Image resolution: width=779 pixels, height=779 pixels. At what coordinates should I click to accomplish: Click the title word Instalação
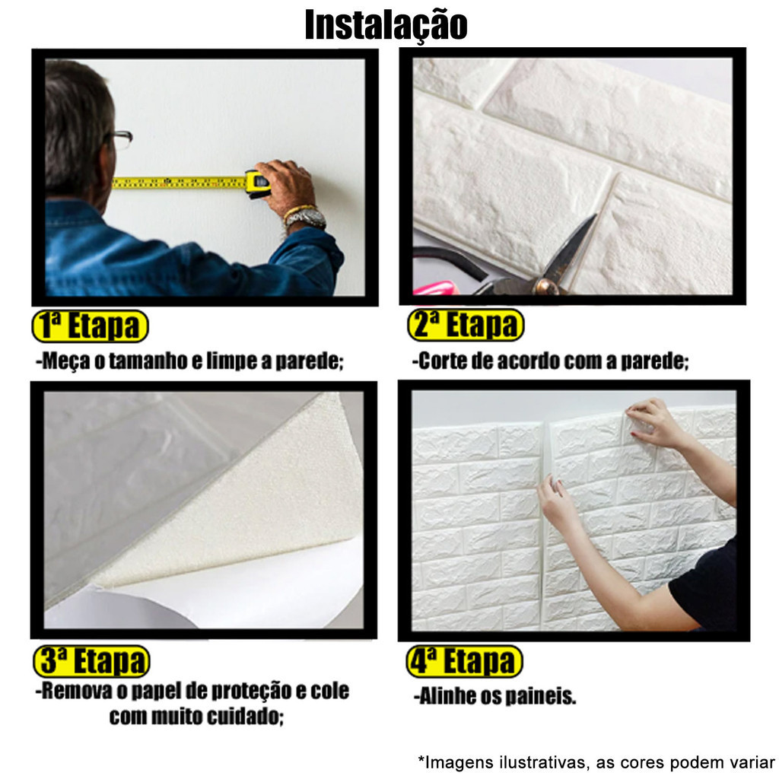coord(386,25)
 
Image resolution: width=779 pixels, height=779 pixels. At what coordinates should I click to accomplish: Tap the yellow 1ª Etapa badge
coord(91,326)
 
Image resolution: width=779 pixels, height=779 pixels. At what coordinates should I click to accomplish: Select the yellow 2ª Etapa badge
coord(466,325)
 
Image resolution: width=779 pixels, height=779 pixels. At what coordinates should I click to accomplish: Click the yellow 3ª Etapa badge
coord(91,661)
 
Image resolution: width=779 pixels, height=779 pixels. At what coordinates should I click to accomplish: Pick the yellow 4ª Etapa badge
coord(465,661)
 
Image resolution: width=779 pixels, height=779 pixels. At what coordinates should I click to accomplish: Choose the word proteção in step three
coord(251,691)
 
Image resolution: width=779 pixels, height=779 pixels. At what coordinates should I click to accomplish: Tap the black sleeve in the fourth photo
coord(704,587)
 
